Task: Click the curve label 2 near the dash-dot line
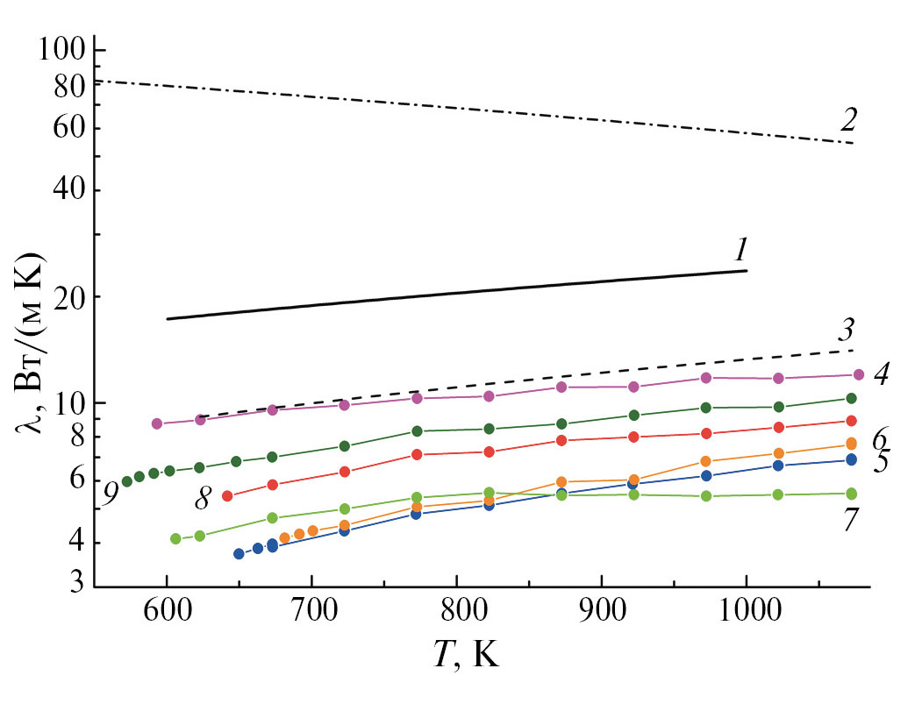847,117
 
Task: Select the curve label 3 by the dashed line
846,331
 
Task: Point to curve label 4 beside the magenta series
882,374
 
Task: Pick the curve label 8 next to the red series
203,499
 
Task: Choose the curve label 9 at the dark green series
110,493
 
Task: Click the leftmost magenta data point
157,423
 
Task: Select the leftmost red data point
227,495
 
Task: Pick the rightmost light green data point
850,494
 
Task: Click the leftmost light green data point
175,538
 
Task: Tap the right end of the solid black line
747,271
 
